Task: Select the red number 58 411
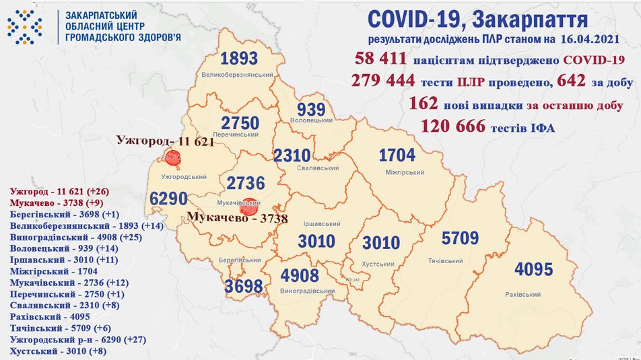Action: (380, 61)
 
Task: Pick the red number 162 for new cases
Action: (424, 104)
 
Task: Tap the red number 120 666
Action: (452, 126)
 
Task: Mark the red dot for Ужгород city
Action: (173, 158)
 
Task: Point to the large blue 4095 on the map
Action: (533, 270)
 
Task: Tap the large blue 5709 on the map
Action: (460, 238)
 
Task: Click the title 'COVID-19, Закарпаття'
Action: (479, 19)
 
